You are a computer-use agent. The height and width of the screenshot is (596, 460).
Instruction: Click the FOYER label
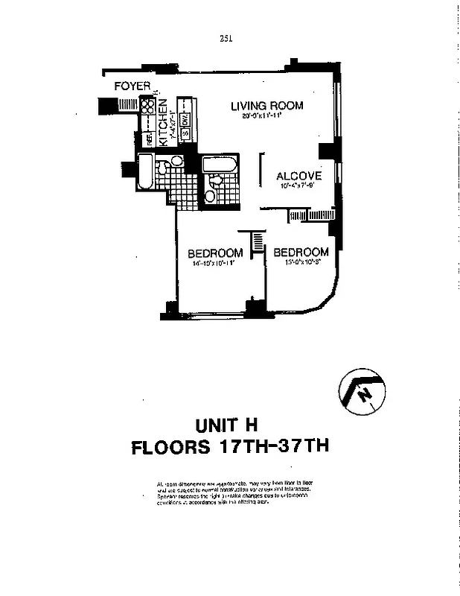click(132, 86)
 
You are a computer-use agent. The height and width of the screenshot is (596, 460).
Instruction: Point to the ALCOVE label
click(298, 177)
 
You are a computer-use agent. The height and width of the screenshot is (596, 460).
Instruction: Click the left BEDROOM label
click(215, 253)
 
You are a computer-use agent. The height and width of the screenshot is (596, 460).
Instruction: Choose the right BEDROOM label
click(301, 252)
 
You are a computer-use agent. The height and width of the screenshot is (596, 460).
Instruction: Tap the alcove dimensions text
click(299, 186)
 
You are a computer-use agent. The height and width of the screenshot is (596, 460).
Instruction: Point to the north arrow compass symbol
click(361, 393)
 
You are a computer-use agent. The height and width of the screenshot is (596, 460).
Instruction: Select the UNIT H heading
click(226, 426)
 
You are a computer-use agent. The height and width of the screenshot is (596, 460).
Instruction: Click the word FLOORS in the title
click(173, 449)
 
